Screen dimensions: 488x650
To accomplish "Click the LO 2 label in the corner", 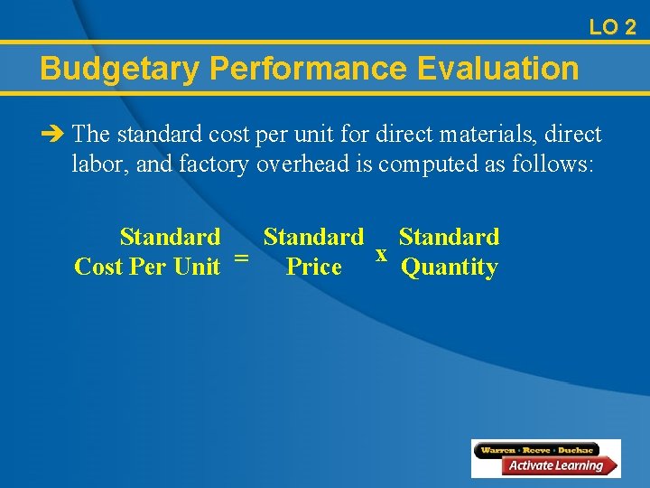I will (x=612, y=27).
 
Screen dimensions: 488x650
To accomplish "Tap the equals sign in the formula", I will (x=241, y=258).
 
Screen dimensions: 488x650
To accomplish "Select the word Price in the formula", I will (x=313, y=267).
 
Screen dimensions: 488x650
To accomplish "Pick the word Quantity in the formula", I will (x=449, y=268).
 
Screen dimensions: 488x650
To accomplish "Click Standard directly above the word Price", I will (x=313, y=238).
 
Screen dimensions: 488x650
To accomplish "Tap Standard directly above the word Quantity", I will (x=449, y=238).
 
